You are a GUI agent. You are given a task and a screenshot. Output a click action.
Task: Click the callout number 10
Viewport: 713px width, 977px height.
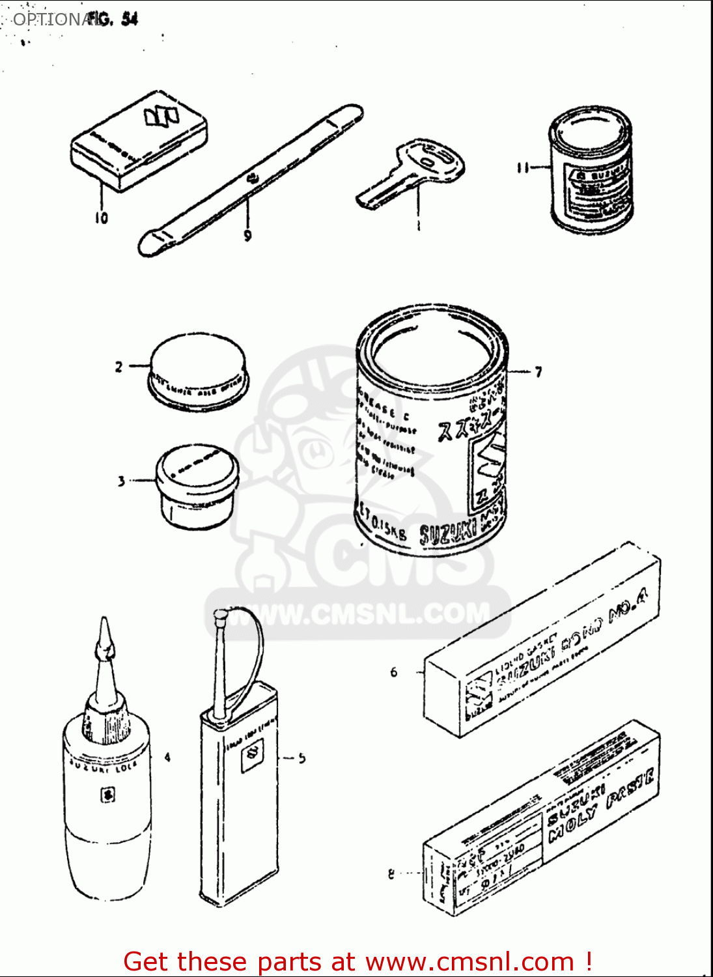[x=101, y=218]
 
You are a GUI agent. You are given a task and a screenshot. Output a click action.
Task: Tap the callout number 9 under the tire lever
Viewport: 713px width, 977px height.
[x=247, y=236]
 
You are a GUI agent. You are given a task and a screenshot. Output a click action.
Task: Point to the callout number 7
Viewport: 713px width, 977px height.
[x=538, y=372]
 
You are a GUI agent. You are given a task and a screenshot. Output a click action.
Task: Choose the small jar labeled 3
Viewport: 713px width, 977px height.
[x=197, y=485]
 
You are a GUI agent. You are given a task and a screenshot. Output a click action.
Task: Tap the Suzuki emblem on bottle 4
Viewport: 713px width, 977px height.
[x=107, y=795]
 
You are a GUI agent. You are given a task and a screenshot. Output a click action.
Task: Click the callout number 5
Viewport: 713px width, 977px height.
[x=301, y=758]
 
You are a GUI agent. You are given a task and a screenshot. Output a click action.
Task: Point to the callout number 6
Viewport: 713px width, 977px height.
[x=393, y=672]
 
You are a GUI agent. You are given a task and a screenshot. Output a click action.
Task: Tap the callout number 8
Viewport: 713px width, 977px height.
[x=391, y=874]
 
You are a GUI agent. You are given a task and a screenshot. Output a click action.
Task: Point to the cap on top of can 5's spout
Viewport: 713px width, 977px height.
[x=221, y=614]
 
